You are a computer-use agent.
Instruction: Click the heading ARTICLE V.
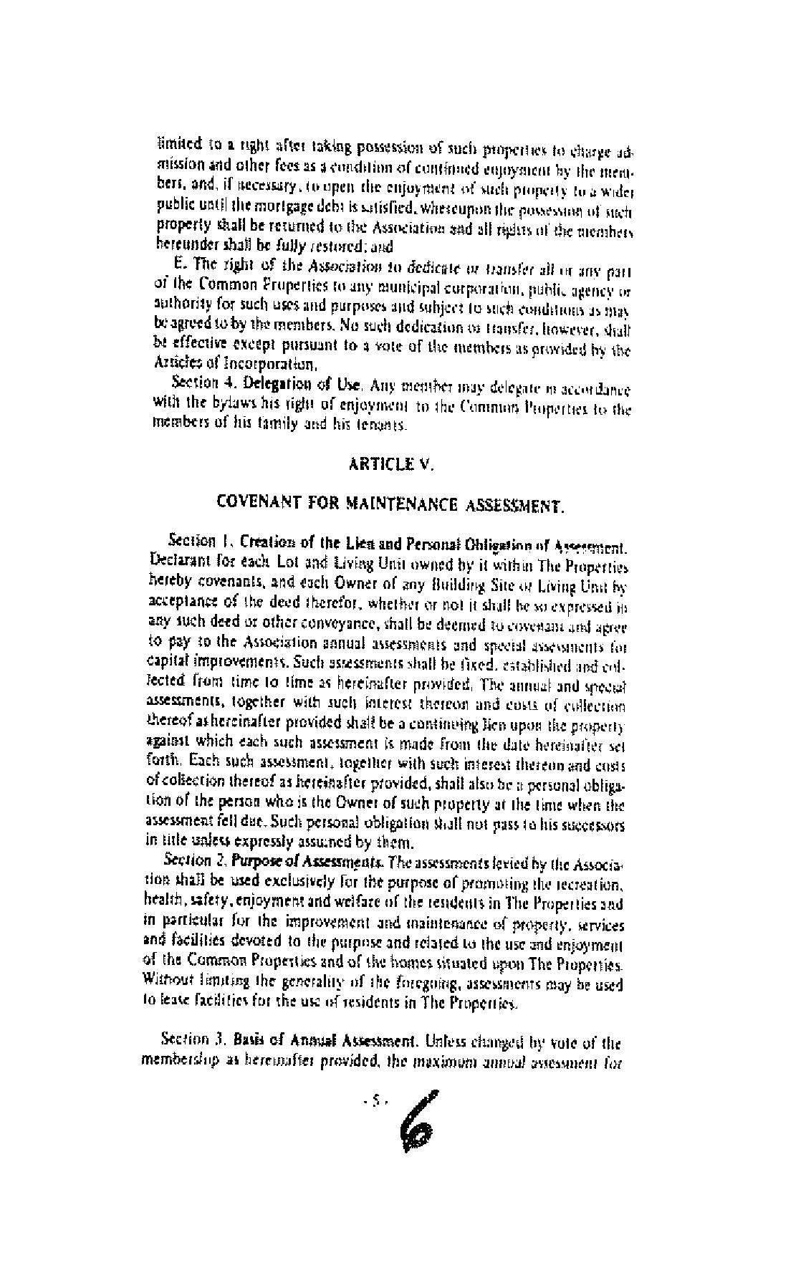coord(390,463)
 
